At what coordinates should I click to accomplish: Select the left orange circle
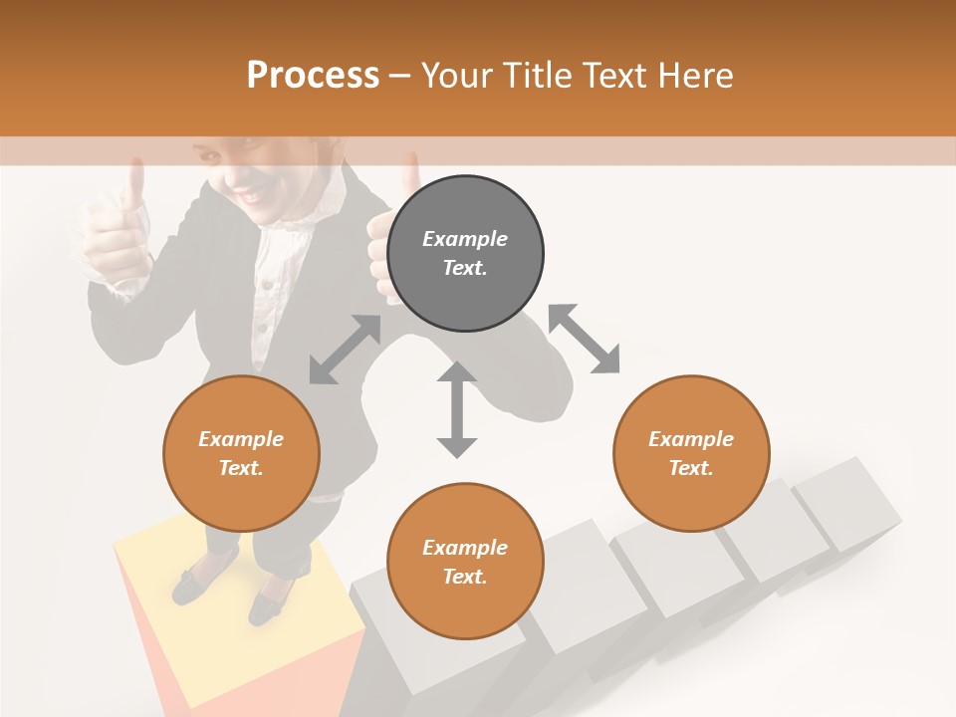pyautogui.click(x=241, y=453)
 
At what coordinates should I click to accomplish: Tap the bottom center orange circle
pyautogui.click(x=465, y=562)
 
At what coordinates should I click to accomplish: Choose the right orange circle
pyautogui.click(x=691, y=453)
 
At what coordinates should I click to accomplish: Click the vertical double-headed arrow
pyautogui.click(x=457, y=409)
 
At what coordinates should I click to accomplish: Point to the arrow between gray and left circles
pyautogui.click(x=345, y=350)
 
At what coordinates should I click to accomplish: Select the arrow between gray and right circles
pyautogui.click(x=584, y=339)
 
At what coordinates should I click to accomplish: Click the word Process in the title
pyautogui.click(x=313, y=75)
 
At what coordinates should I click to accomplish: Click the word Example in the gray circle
pyautogui.click(x=465, y=239)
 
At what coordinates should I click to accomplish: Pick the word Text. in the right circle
pyautogui.click(x=691, y=468)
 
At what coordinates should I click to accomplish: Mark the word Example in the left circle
pyautogui.click(x=241, y=439)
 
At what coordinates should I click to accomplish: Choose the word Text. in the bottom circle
pyautogui.click(x=465, y=577)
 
